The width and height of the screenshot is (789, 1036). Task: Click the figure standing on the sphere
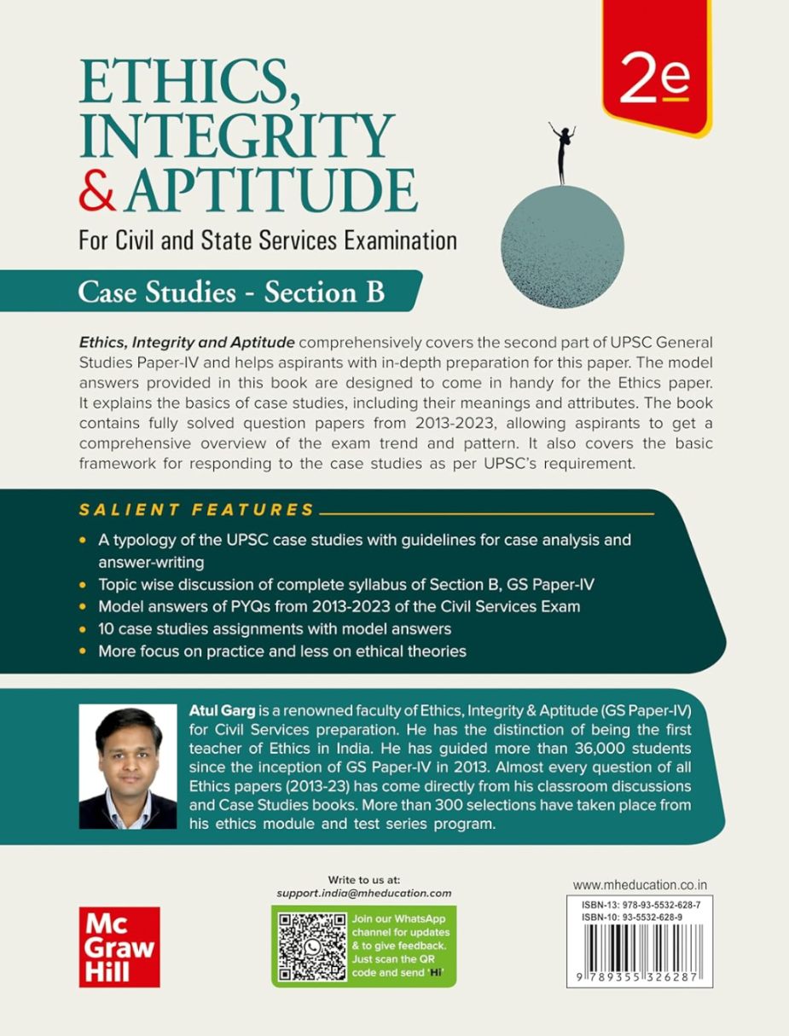click(x=561, y=153)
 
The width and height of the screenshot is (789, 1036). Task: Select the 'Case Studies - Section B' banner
click(x=231, y=292)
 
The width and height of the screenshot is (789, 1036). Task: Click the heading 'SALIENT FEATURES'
click(x=197, y=511)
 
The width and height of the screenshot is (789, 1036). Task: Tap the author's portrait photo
click(x=128, y=767)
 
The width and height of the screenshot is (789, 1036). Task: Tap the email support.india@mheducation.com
click(x=364, y=893)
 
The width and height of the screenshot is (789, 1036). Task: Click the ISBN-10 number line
click(x=631, y=917)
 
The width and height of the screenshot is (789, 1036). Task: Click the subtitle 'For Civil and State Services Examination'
click(x=267, y=240)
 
